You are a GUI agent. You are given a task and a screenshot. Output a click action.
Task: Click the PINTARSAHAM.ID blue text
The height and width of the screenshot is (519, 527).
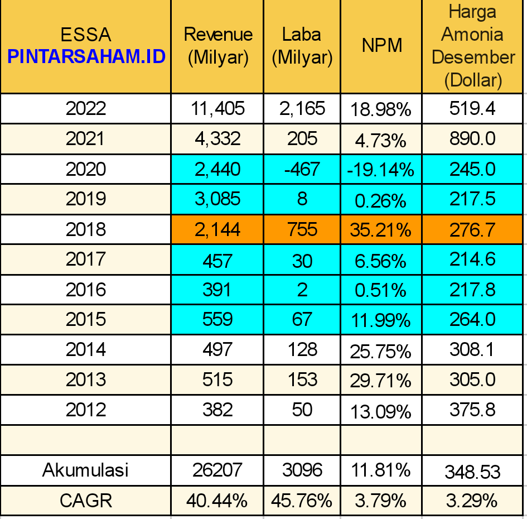point(86,56)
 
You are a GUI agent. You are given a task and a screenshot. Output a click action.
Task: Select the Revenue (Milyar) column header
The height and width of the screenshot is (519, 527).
point(218,46)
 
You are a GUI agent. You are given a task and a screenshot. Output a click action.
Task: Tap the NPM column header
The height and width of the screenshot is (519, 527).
point(382,45)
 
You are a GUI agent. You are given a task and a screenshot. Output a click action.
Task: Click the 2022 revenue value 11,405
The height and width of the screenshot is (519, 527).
point(217,109)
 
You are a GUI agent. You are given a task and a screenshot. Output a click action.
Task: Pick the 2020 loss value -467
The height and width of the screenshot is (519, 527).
point(302,169)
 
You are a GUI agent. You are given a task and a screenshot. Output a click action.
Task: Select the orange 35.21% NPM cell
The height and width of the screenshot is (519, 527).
point(380,230)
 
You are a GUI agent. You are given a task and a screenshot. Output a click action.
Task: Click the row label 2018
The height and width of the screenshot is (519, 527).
point(86,229)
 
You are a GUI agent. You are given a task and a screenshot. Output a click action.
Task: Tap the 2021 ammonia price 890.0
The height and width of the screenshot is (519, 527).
point(472,138)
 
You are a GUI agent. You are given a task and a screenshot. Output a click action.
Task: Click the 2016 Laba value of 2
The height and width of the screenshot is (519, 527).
point(302,290)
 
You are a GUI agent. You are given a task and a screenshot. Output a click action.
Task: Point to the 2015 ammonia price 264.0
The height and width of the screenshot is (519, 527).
point(472,319)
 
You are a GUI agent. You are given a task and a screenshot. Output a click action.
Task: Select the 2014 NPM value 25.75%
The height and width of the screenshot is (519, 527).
point(380,352)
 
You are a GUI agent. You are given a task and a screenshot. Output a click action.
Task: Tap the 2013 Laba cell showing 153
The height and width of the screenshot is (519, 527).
point(302,379)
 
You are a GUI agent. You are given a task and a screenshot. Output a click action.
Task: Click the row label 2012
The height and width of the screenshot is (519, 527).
point(86,410)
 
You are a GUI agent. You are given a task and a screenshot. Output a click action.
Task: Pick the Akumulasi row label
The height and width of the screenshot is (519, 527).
point(85,470)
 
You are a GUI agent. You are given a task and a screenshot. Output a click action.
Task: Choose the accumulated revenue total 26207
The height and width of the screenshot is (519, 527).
point(217,470)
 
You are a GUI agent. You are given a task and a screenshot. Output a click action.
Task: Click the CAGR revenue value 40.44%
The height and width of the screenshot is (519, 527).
point(217,501)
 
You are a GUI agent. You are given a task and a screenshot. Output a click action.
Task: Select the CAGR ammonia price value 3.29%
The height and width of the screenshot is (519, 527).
point(472,501)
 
